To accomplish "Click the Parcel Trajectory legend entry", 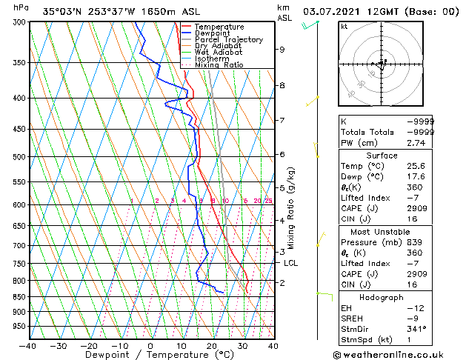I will click(228, 40).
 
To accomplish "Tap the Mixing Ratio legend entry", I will click(219, 65).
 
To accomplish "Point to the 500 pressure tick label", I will click(19, 157).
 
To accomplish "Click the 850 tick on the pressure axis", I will click(19, 296).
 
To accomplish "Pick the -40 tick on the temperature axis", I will click(28, 345).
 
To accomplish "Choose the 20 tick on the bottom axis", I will click(212, 345).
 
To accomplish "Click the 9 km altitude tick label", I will click(282, 50).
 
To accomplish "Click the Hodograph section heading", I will click(382, 297).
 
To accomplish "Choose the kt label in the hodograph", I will click(344, 27).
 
